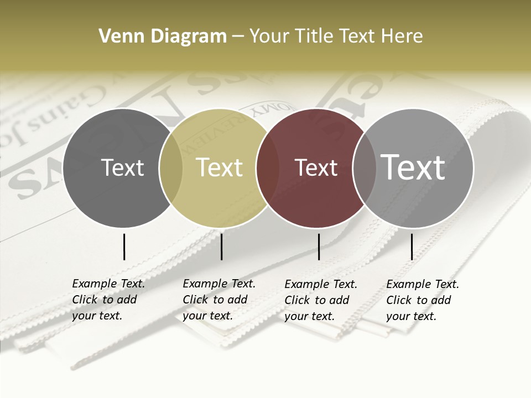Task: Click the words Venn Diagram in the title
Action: pyautogui.click(x=163, y=36)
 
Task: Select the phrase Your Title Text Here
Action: pyautogui.click(x=336, y=36)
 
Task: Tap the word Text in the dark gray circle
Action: pyautogui.click(x=122, y=167)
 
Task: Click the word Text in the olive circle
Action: pyautogui.click(x=219, y=167)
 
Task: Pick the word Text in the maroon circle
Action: pyautogui.click(x=316, y=167)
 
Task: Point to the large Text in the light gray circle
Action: pyautogui.click(x=413, y=167)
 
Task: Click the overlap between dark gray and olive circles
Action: pyautogui.click(x=171, y=168)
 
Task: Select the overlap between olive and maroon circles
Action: pyautogui.click(x=268, y=168)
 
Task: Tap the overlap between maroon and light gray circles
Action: pyautogui.click(x=365, y=168)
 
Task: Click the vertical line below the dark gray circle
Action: pyautogui.click(x=124, y=247)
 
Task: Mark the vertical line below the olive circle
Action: pyautogui.click(x=221, y=247)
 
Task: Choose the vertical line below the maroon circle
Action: pyautogui.click(x=319, y=247)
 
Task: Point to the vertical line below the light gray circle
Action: pyautogui.click(x=412, y=247)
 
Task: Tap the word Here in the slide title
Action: pyautogui.click(x=403, y=36)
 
